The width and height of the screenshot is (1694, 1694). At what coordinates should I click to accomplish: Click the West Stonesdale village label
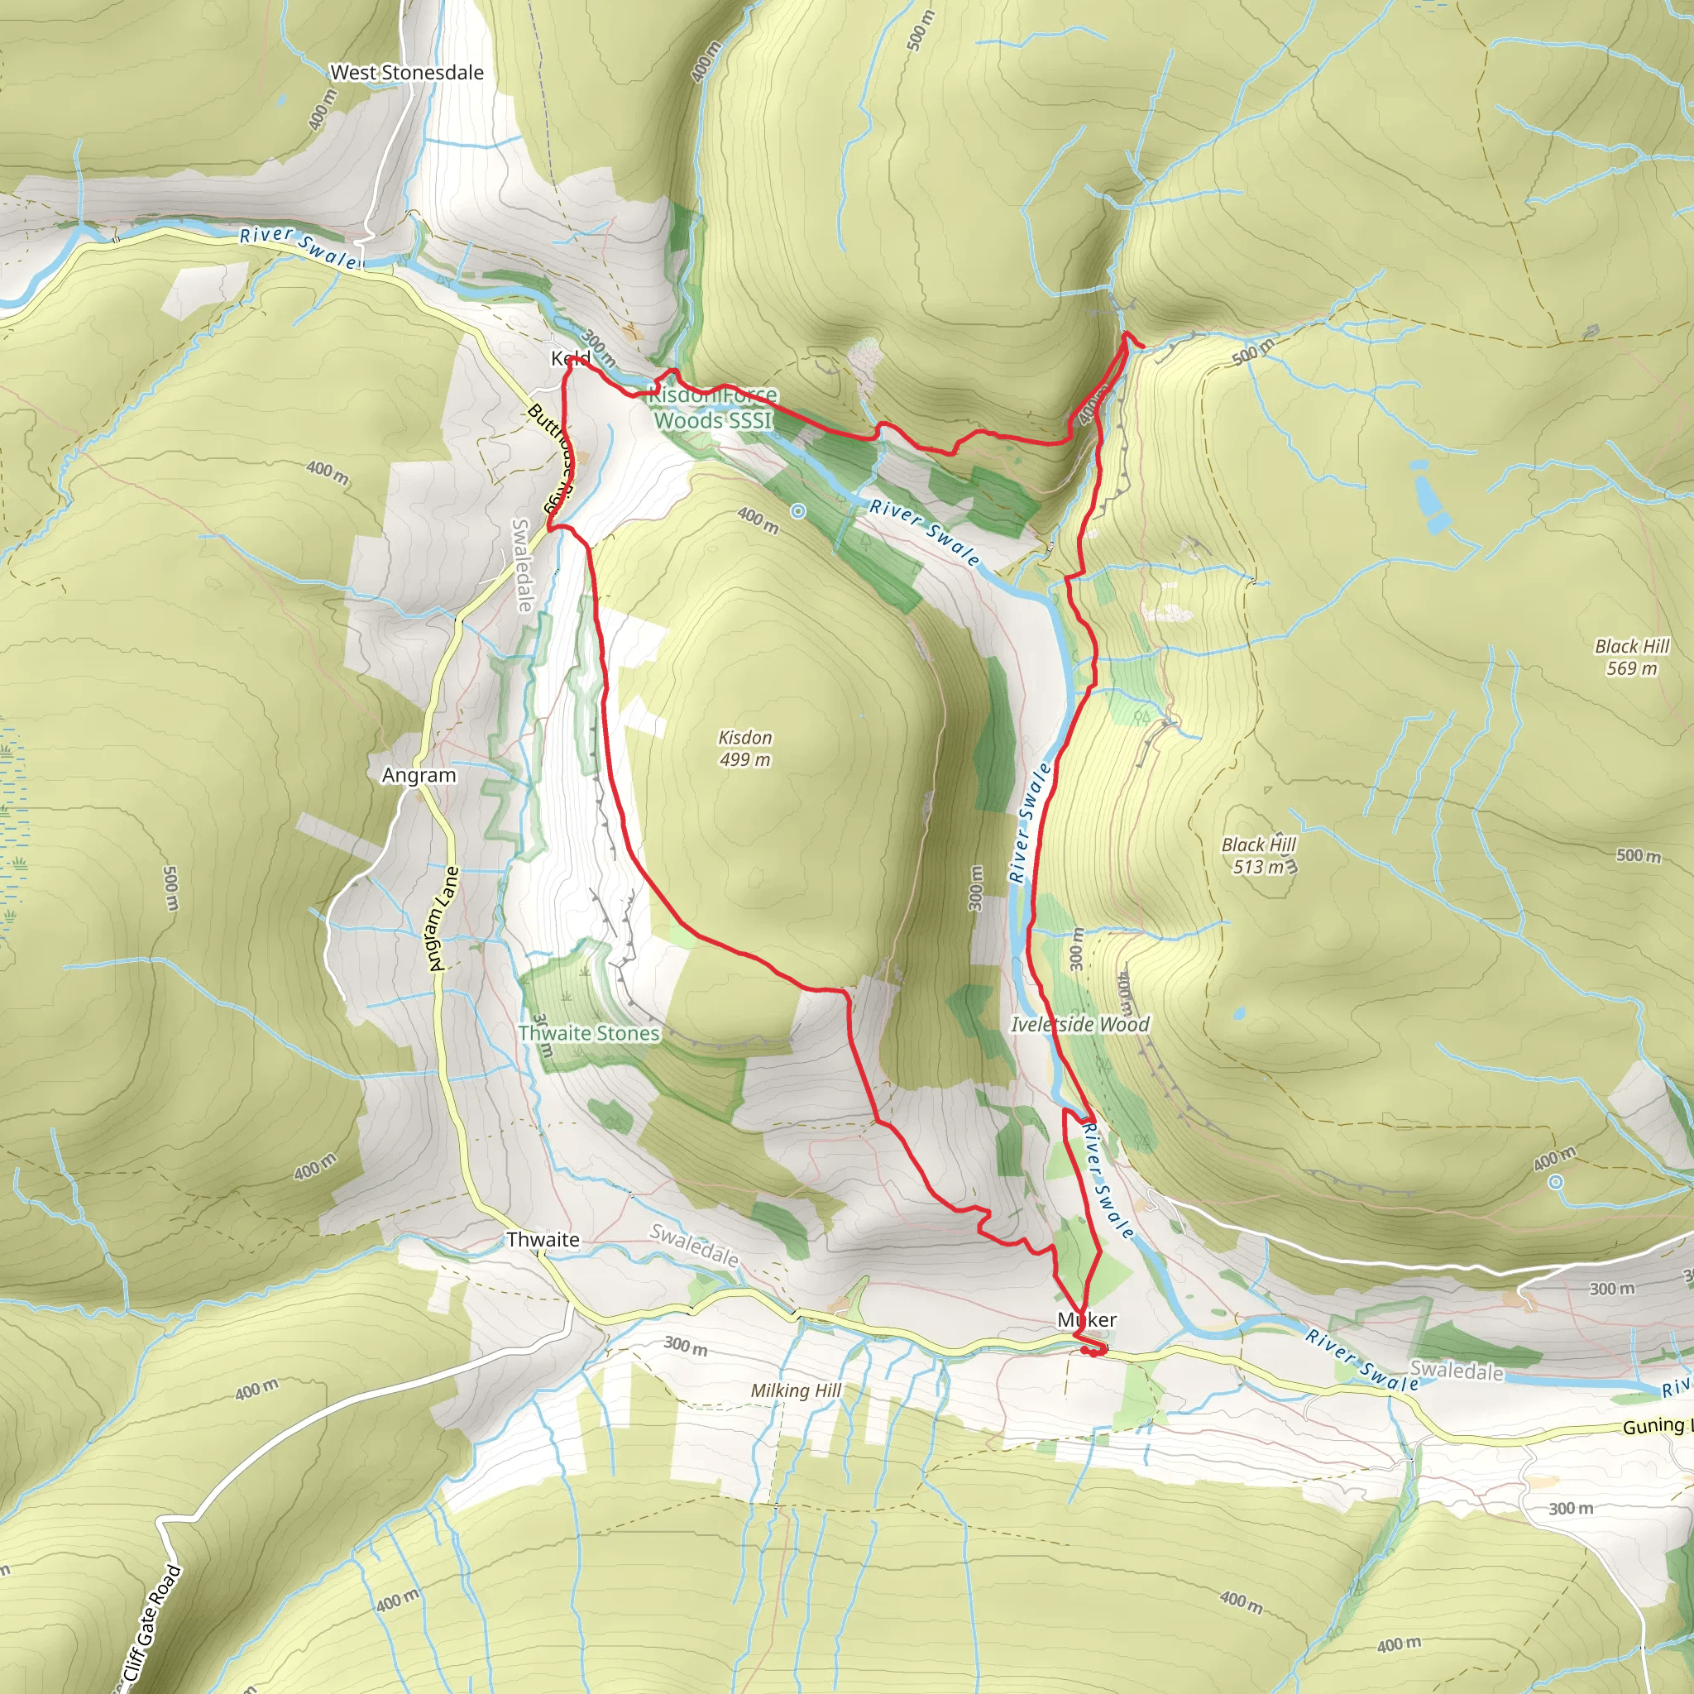point(406,73)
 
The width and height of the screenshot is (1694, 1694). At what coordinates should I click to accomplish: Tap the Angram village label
point(419,775)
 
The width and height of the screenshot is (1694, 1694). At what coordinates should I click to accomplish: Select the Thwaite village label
point(543,1240)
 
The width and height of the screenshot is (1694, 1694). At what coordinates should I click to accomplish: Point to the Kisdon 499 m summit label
point(745,748)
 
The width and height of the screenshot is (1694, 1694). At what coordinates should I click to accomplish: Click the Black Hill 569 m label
point(1632,657)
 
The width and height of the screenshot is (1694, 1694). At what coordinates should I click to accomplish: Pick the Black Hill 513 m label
point(1258,855)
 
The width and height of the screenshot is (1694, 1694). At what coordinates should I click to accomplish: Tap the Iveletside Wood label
point(1079,1024)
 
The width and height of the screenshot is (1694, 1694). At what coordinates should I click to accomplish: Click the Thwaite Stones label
point(588,1033)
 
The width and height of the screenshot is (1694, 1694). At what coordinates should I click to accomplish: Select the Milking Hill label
point(795,1390)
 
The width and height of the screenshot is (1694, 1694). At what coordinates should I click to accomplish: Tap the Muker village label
point(1087,1319)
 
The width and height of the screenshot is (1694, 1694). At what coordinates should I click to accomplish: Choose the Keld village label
point(571,357)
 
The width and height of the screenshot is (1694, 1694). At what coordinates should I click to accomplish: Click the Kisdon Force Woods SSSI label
point(713,408)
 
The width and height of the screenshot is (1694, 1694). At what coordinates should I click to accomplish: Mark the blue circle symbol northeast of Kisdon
point(798,511)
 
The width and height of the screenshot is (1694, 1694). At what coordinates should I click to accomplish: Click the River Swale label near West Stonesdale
point(298,246)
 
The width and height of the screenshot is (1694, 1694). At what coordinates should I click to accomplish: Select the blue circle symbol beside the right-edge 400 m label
point(1556,1182)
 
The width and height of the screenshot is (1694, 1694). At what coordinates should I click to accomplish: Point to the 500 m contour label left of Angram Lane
point(171,888)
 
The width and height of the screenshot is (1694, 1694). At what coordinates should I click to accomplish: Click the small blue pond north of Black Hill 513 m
point(1238,1013)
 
